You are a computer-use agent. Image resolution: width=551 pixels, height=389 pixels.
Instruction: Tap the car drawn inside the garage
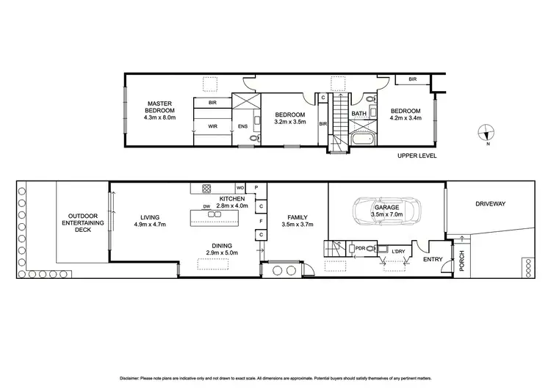click(386, 211)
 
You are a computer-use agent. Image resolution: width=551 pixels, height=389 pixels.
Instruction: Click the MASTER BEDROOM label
click(159, 110)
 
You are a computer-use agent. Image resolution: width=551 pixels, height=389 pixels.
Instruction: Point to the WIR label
click(212, 126)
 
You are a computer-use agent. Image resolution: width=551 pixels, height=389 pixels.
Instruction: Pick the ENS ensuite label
click(243, 126)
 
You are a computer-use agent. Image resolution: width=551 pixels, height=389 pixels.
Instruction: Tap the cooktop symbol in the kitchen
click(207, 187)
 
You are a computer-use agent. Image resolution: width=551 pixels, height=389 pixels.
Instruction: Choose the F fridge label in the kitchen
click(261, 219)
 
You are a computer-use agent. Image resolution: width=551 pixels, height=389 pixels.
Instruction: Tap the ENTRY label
click(433, 258)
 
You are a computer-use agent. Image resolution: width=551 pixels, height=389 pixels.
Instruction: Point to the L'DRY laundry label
click(398, 252)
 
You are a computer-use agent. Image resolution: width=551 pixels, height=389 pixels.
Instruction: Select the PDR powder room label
click(361, 248)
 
